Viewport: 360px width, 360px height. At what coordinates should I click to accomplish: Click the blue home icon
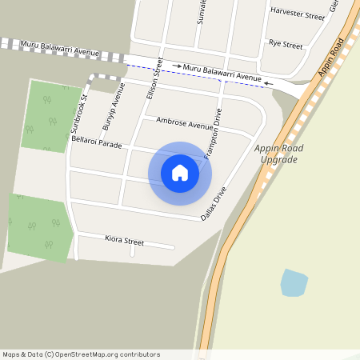pos(180,173)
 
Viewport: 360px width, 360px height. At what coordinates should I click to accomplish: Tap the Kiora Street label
pos(125,240)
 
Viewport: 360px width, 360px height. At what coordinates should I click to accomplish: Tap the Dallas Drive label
pos(215,203)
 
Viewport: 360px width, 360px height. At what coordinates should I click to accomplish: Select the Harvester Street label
pos(298,14)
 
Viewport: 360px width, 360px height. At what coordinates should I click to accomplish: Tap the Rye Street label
pos(286,43)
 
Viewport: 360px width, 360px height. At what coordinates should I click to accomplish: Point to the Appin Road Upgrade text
pos(277,154)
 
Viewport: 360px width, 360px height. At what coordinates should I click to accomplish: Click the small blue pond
pos(294,282)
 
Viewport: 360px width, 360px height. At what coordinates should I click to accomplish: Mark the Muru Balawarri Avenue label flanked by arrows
pos(222,73)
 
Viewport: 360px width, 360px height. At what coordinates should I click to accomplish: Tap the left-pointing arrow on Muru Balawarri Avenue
pos(269,81)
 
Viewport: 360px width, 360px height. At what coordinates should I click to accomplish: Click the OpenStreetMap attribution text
pos(81,354)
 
